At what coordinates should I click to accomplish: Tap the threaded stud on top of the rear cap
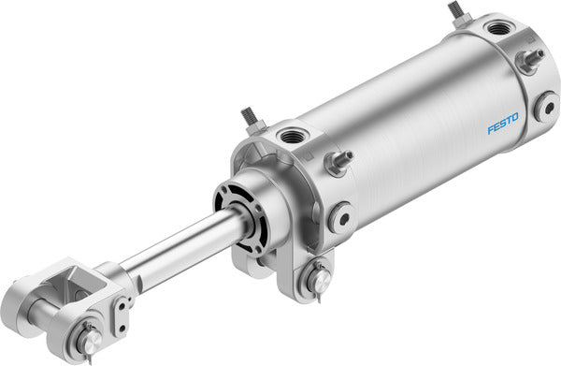(x=457, y=12)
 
